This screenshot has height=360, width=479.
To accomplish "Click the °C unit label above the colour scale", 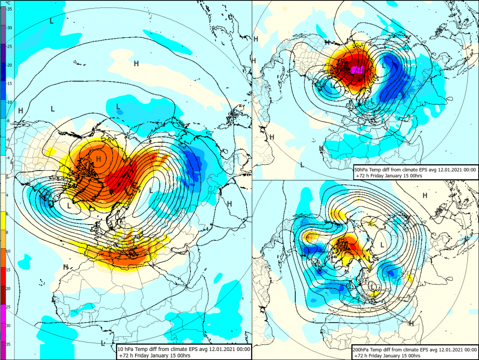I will tap(8, 3).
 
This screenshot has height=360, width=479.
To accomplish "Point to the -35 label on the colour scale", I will tap(9, 9).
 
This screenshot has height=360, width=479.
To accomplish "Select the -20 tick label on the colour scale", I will tap(9, 65).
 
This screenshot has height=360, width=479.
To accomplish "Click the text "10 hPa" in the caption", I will tap(127, 349).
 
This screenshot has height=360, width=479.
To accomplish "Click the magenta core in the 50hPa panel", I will tap(358, 69).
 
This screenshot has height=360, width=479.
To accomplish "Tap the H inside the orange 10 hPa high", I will tap(99, 158).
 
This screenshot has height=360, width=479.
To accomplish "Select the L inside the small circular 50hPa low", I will tap(333, 85).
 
